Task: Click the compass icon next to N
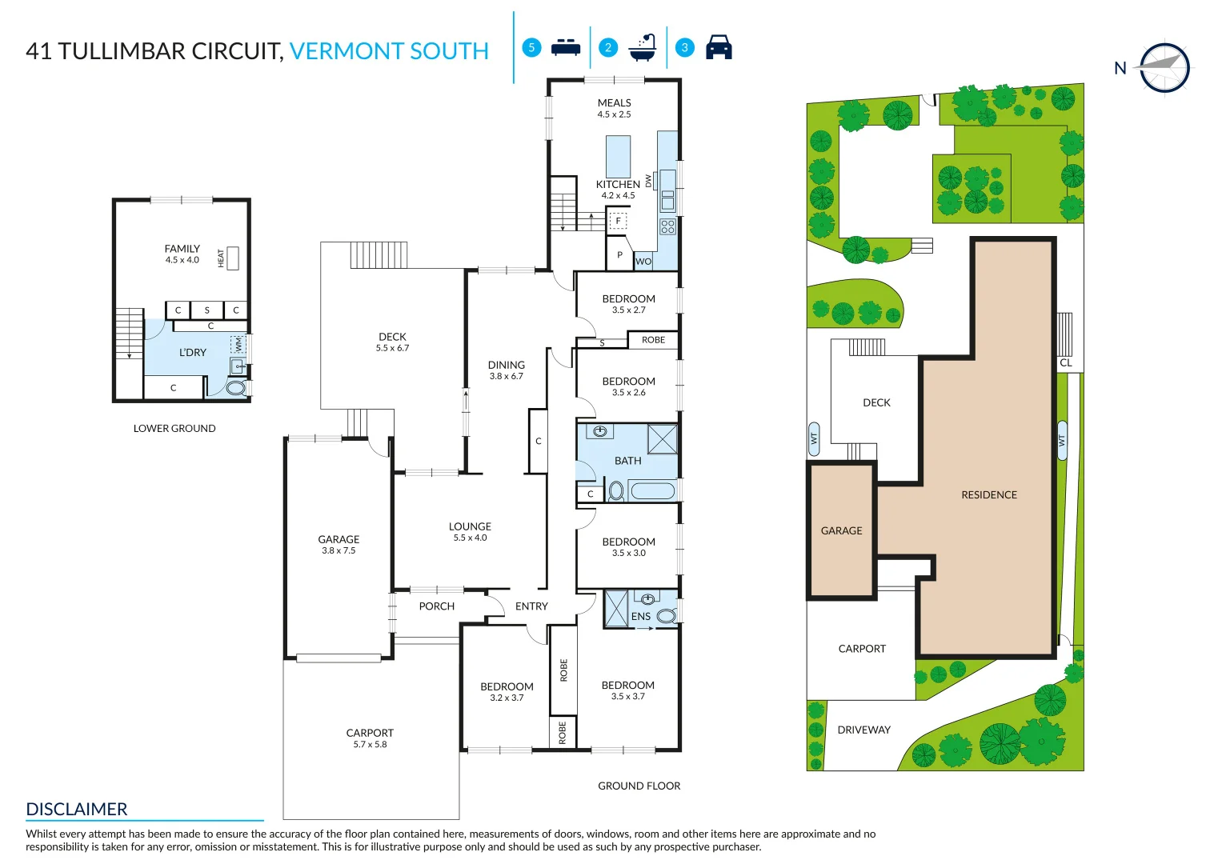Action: tap(1164, 68)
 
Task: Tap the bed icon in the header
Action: tap(566, 47)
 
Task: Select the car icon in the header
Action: tap(719, 47)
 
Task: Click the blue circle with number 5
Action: tap(531, 47)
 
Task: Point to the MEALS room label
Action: tap(615, 102)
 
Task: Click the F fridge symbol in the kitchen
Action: tap(618, 220)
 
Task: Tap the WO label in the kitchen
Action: tap(643, 262)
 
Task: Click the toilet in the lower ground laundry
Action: tap(237, 388)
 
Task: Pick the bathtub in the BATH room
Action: tap(653, 491)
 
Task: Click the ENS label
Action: tap(640, 616)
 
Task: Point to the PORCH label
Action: tap(436, 606)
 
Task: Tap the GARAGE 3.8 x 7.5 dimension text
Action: tap(339, 551)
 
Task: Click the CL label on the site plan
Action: tap(1065, 362)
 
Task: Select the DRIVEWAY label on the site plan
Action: tap(863, 730)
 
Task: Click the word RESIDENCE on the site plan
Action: tap(989, 494)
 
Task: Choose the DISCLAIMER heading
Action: tap(76, 809)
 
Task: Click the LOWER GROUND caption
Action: tap(174, 428)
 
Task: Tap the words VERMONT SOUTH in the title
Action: tap(389, 51)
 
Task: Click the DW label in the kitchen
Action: tap(648, 181)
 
